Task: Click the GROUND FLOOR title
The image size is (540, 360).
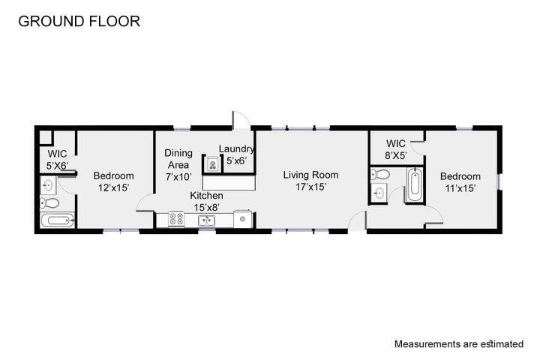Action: coord(79,21)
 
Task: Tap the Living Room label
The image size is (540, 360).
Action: coord(310,175)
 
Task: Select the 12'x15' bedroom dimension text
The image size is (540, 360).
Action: coord(113,187)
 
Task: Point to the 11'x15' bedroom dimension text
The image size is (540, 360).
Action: coord(460,188)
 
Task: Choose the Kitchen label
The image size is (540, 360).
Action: coord(208,196)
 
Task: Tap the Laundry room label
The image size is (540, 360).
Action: coord(236,149)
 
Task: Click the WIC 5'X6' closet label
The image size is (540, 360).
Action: coord(57,160)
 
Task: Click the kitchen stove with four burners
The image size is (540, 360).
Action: coord(176,220)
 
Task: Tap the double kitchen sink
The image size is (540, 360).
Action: coord(207,220)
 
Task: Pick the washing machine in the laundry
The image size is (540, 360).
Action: coord(212,164)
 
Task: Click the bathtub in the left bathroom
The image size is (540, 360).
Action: coord(57,220)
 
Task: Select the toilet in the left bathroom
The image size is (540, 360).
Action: coord(50,202)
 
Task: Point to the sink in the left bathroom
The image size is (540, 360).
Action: coord(47,184)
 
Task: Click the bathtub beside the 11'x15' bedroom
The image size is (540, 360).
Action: coord(415,184)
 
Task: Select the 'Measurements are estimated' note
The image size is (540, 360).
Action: coord(459,343)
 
